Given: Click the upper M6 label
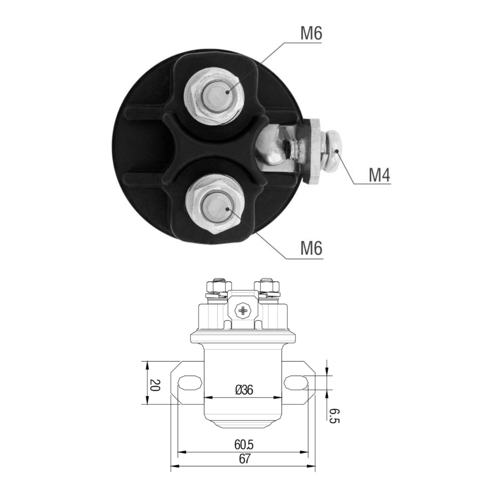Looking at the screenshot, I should coord(311,33).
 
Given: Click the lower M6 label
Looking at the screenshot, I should coord(311,249).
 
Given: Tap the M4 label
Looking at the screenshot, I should coord(379,175).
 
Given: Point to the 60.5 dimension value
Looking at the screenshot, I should coord(243,445).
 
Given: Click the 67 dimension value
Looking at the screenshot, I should coord(244,459).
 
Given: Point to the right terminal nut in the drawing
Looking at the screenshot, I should coord(268,285).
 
